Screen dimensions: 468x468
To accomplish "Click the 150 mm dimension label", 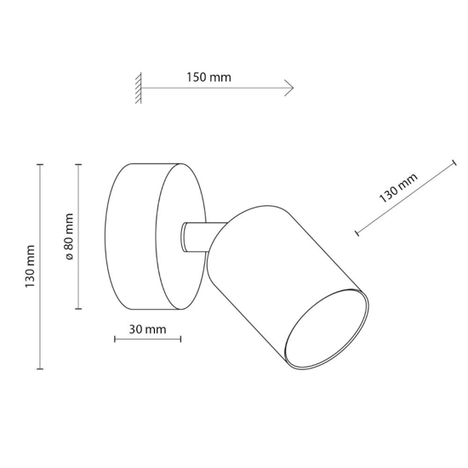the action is pos(209,77).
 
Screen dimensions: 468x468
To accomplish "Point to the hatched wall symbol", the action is pos(138,88).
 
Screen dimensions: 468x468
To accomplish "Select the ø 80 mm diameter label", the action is pos(69,236).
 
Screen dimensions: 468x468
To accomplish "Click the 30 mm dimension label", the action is pos(147,329).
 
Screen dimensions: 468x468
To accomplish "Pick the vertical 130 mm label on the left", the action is pos(30,266).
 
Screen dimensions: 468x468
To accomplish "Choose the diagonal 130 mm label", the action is pos(398,188).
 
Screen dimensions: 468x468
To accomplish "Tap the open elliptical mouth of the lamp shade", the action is pos(327,329).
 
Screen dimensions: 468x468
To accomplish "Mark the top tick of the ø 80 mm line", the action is pos(78,164).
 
